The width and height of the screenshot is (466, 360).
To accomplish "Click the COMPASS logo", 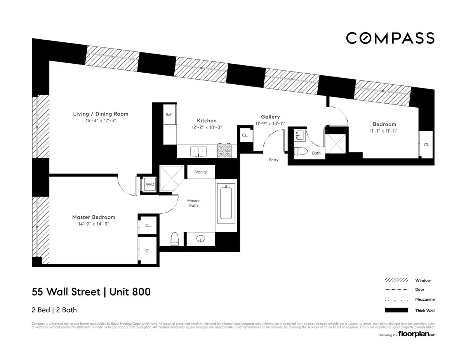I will pos(390,38).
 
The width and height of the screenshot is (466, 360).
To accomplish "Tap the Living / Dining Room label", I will pos(101,114).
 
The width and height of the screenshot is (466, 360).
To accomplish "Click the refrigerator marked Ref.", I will pos(169,115).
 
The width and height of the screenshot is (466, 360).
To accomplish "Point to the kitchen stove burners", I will pos(224,151).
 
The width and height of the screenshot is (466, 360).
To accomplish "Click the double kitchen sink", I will pos(198,151).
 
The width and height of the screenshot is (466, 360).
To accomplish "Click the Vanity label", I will pos(201,172).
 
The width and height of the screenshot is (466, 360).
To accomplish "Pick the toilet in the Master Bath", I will pos(174,238).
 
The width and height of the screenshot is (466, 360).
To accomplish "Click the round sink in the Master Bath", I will pos(200,238).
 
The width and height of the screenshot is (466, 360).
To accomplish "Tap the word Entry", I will pos(273,160).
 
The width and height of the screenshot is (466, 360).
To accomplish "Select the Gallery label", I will pos(270,117).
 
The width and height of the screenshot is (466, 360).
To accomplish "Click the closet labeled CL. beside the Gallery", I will pos(245,135).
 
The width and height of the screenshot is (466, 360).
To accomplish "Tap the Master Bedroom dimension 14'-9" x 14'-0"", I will pos(94,224).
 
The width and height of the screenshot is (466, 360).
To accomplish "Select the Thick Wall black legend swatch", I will pos(396,310).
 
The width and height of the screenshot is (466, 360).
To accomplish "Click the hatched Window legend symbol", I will pos(396,280).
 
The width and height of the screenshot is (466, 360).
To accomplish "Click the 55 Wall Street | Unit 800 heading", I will pos(91,292).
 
